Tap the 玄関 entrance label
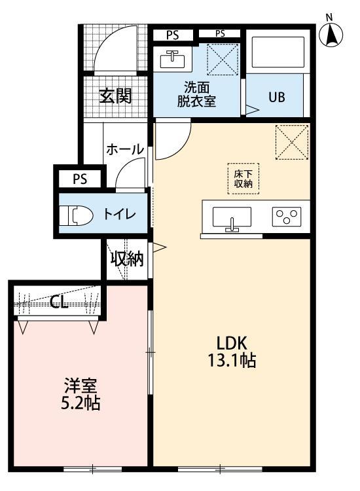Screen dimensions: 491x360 (116, 96)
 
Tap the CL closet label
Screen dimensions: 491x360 (60, 301)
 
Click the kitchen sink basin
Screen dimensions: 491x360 (231, 217)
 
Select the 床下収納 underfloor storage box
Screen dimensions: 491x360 (243, 178)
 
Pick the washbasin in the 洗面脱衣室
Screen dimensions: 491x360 (173, 58)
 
